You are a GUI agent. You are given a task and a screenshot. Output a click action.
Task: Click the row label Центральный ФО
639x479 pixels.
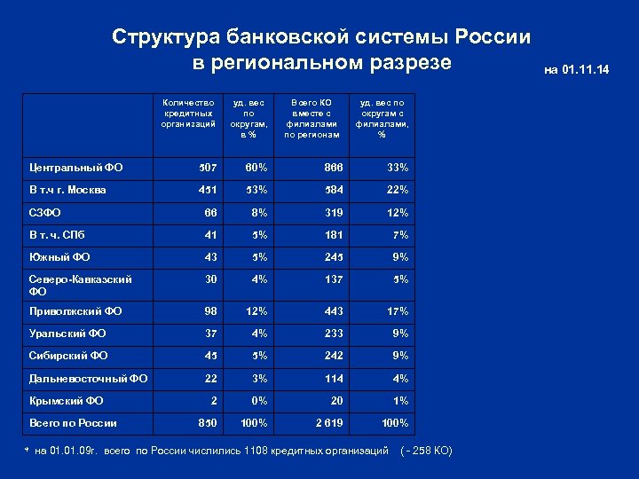click(76, 167)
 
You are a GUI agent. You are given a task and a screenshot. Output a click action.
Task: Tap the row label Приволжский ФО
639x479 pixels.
click(76, 311)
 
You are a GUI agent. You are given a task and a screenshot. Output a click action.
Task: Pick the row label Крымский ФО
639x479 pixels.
click(67, 401)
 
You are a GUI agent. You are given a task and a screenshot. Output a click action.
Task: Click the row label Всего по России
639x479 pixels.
click(74, 423)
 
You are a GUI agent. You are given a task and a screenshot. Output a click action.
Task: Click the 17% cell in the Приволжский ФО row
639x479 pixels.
click(397, 311)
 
